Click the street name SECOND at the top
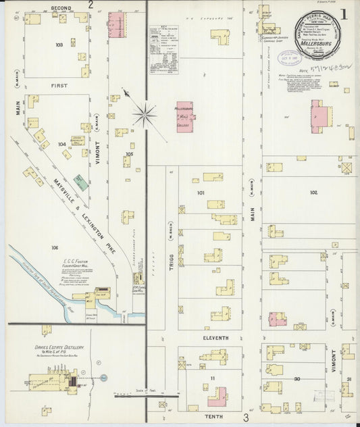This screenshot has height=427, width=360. click(x=61, y=7)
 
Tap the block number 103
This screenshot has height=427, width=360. click(x=59, y=45)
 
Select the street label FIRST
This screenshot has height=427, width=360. click(x=59, y=86)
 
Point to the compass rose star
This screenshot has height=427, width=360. click(x=144, y=114)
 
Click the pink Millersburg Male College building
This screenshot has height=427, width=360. click(x=185, y=117)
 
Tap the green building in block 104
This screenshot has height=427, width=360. click(x=80, y=182)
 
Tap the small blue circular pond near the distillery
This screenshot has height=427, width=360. click(x=104, y=378)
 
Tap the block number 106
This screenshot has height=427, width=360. click(x=55, y=248)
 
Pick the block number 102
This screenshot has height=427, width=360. click(x=313, y=193)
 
